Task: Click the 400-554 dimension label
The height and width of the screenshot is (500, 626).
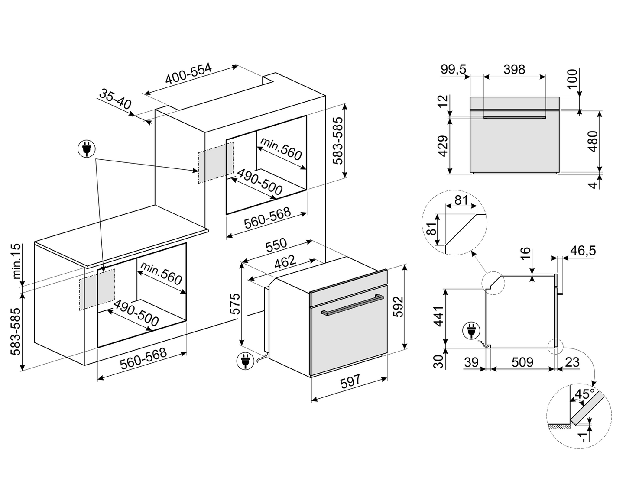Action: click(188, 74)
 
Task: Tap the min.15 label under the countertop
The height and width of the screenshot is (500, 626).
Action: click(16, 261)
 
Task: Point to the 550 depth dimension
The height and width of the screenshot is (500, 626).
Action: click(276, 245)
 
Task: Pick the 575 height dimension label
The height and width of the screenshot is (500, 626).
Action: click(234, 304)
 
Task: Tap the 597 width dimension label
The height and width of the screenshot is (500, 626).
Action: click(350, 381)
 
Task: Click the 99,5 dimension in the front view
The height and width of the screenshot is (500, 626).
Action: click(454, 69)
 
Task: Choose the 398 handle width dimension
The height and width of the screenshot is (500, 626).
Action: click(514, 69)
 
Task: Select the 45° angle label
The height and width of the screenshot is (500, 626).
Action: click(584, 394)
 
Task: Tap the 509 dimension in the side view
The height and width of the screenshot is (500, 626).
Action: click(522, 362)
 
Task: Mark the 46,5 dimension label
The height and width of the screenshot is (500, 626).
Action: click(583, 251)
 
